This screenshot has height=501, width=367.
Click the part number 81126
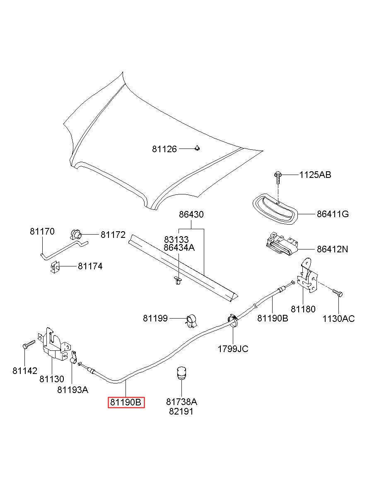tap(164, 149)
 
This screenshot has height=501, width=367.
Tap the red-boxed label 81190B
tap(126, 403)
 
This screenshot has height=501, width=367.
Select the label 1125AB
tap(315, 175)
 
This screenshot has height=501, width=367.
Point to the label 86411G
tap(333, 214)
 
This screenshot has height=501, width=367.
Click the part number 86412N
tap(332, 249)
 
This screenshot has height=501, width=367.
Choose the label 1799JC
tap(233, 349)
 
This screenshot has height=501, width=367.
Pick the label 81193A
tap(72, 390)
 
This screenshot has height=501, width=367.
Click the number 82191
tap(181, 412)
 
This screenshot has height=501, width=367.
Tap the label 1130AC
tap(338, 319)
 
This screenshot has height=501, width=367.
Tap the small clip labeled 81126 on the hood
tap(197, 148)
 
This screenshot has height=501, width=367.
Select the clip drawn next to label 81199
tap(191, 321)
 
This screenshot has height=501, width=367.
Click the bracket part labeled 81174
tap(55, 267)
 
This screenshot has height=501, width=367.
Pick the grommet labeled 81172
tap(76, 235)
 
